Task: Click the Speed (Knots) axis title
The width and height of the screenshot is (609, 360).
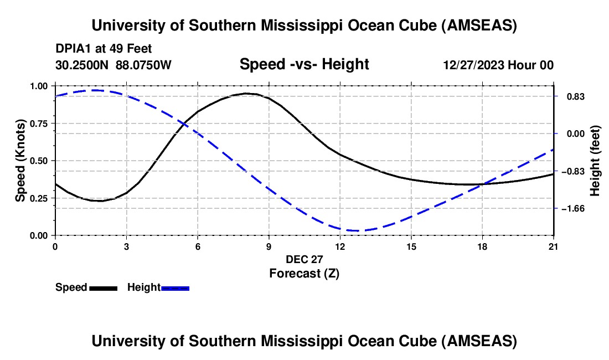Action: (20, 161)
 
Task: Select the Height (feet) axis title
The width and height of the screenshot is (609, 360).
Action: (595, 161)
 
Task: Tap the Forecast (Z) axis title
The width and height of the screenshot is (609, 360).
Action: (304, 273)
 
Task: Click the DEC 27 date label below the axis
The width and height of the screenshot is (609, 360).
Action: (304, 259)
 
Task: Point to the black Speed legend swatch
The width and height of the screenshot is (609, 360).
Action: (103, 287)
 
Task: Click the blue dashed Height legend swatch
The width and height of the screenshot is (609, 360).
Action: (176, 287)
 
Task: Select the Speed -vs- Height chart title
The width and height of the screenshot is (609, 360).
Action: (304, 64)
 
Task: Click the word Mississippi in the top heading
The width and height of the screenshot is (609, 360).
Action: (307, 25)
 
